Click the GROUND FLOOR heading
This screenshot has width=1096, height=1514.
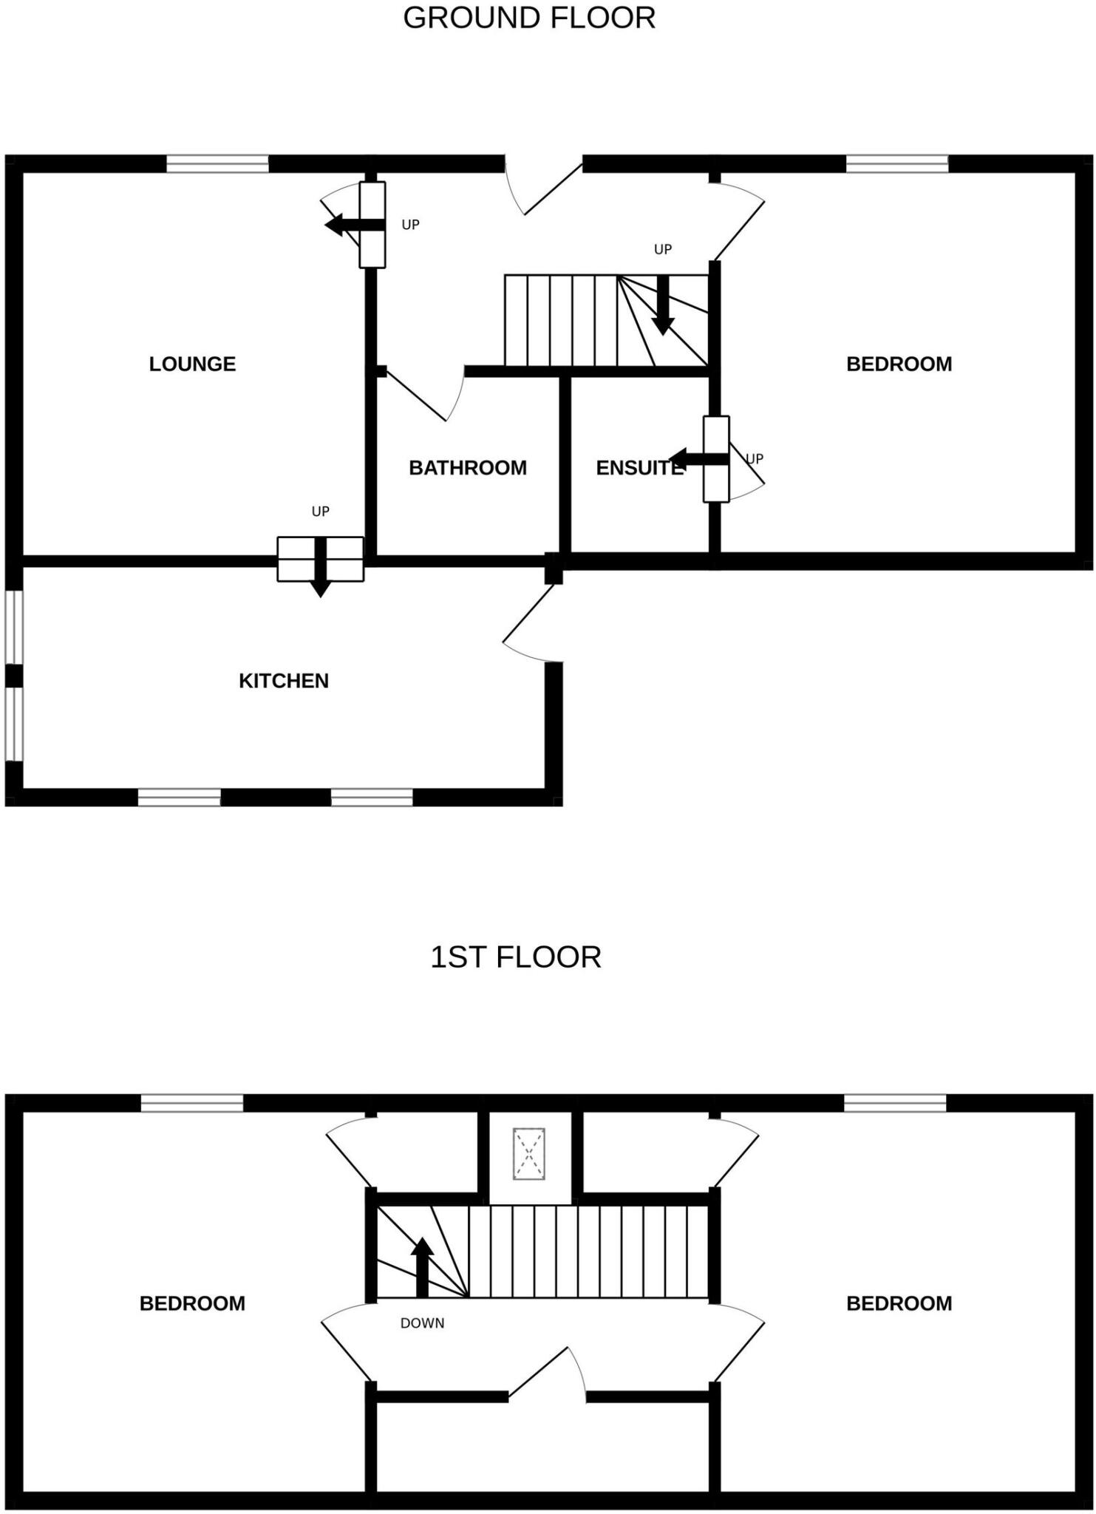coord(529,18)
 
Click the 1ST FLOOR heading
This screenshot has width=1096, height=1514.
coord(516,957)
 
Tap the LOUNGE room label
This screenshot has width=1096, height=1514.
coord(192,364)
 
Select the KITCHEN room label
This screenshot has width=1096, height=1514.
coord(283,681)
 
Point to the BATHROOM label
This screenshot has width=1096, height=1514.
coord(468,468)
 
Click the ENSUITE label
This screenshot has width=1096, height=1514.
coord(639,468)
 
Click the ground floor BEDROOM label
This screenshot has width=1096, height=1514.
coord(899,364)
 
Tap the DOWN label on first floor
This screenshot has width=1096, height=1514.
coord(422,1323)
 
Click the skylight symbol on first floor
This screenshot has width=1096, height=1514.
coord(529,1153)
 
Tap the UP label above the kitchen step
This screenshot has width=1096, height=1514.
coord(320,512)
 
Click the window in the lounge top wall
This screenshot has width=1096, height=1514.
coord(217,163)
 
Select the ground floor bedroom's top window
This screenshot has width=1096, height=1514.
coord(896,163)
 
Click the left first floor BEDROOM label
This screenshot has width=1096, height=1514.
coord(192,1303)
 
